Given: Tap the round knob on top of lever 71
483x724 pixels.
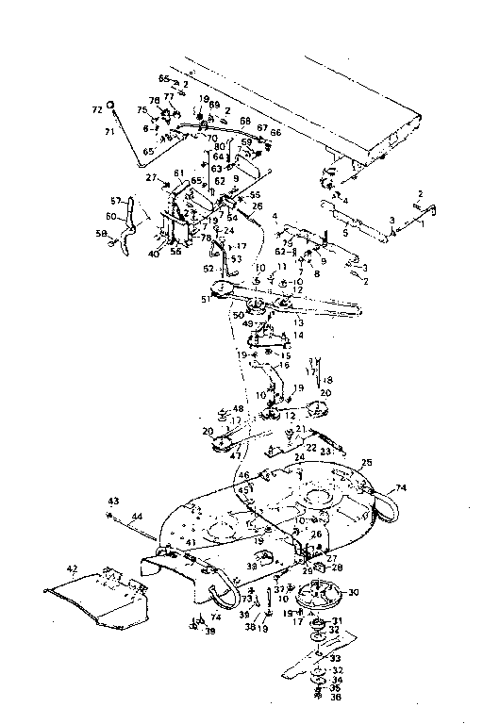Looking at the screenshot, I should click(x=111, y=105).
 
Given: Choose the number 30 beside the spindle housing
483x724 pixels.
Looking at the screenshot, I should click(x=354, y=593).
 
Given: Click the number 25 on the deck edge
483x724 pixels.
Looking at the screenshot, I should click(x=366, y=462).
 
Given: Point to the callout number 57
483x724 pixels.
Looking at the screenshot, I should click(x=117, y=201).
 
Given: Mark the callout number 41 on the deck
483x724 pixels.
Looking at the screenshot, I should click(x=189, y=543).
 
